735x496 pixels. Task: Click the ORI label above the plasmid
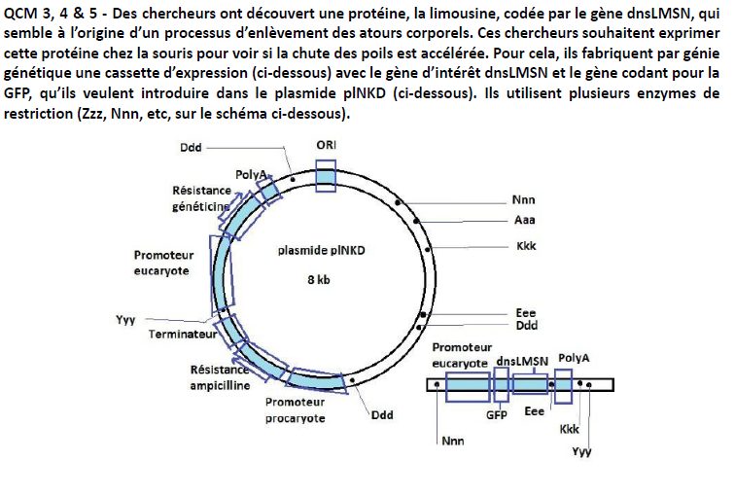click(328, 144)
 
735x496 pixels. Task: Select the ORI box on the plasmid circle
click(327, 175)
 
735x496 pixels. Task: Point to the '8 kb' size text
click(319, 279)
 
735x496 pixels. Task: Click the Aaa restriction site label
click(524, 221)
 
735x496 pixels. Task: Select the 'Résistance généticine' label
click(201, 198)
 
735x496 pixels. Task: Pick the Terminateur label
click(182, 334)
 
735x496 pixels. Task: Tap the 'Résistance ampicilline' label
click(220, 377)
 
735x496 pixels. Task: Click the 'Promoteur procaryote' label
click(295, 409)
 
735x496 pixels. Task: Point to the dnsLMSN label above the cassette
click(521, 361)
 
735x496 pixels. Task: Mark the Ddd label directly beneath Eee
click(526, 326)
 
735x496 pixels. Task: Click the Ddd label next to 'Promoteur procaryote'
click(383, 413)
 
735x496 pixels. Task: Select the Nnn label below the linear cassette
click(453, 440)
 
